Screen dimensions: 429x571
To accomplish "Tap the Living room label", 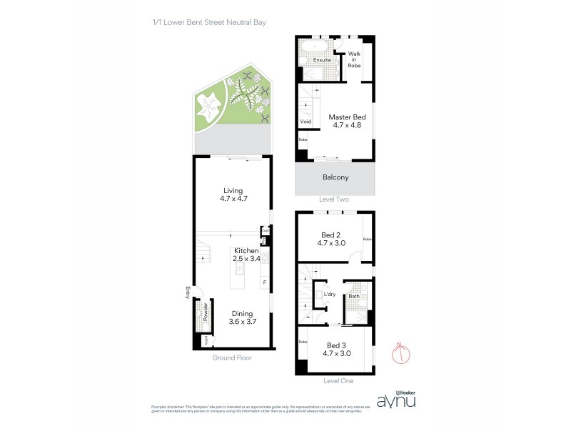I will click(x=233, y=191).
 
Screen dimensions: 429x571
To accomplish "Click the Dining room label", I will click(x=243, y=313).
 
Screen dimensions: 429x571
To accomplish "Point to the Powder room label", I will click(x=205, y=312).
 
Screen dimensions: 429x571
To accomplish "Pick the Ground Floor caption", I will click(x=233, y=357).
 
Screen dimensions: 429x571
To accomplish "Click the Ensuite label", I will click(x=322, y=60).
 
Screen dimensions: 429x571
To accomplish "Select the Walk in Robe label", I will click(x=354, y=60).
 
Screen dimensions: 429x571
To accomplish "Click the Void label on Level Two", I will click(x=305, y=122).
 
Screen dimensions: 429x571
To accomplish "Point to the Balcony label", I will click(x=335, y=177).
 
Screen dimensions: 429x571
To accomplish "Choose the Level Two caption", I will click(x=335, y=199).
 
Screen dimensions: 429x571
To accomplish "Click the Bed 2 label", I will click(x=331, y=235).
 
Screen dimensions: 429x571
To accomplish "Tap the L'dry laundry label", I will click(x=330, y=295).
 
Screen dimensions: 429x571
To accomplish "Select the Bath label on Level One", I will click(x=354, y=296).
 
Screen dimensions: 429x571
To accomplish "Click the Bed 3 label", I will click(x=331, y=346).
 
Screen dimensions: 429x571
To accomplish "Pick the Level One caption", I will click(x=338, y=381).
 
